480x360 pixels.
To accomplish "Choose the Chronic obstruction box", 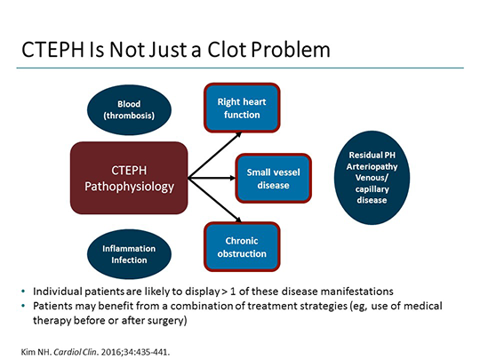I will tap(243, 246).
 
